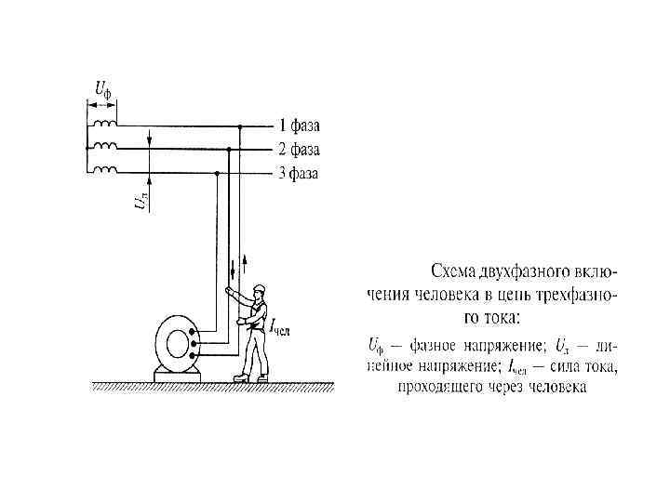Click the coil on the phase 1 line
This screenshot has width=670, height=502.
(104, 124)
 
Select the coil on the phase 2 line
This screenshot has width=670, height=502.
(104, 147)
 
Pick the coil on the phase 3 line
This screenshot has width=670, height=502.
(104, 171)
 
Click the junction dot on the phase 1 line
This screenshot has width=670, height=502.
(240, 125)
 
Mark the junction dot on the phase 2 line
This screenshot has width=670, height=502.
(229, 149)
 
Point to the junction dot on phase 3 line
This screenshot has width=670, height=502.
(217, 173)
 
